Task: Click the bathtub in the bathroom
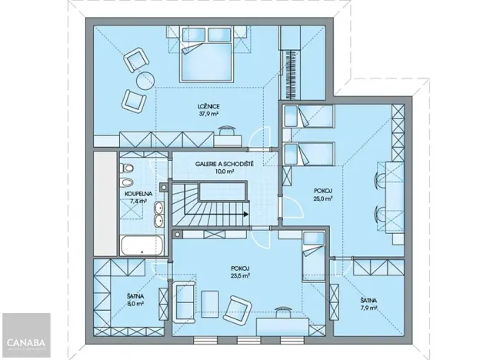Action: coord(140,246)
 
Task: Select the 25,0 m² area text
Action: coord(322,198)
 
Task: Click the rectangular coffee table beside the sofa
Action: coord(209,301)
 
